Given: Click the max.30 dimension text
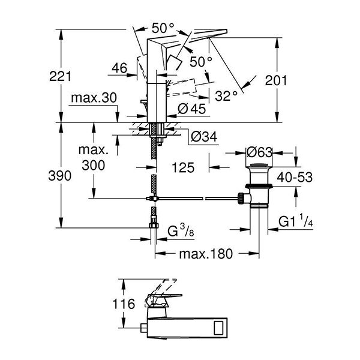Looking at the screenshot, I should pos(92,97).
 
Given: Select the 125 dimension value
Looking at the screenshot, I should pos(182,169).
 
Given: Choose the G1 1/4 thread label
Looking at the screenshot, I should pos(295,223).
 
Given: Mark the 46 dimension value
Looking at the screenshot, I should pos(119,69).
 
